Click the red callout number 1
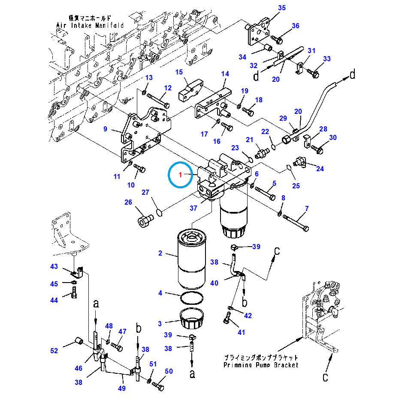(181, 175)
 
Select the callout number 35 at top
(281, 8)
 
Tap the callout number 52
(54, 351)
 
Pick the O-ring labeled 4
(190, 297)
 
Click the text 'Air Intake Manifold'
(90, 25)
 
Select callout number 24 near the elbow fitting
(320, 168)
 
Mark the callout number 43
(54, 266)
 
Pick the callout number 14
(225, 74)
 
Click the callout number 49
(122, 388)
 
